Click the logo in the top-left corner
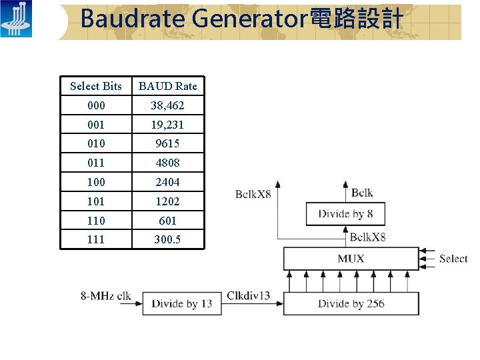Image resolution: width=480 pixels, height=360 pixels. (x=16, y=19)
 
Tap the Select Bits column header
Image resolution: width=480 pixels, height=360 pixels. (x=96, y=86)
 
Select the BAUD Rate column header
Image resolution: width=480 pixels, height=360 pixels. (x=167, y=86)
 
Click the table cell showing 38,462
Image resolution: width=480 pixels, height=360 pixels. (x=167, y=105)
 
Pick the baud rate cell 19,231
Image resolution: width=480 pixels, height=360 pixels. (x=167, y=125)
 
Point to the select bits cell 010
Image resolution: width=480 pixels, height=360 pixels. (x=96, y=143)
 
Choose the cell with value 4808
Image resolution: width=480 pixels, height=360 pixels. (x=167, y=163)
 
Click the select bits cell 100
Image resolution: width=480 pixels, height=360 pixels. (x=96, y=182)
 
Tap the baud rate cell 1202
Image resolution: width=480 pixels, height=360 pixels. (x=167, y=201)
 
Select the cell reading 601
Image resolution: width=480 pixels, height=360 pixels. (x=167, y=220)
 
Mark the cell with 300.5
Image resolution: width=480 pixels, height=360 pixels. (x=167, y=239)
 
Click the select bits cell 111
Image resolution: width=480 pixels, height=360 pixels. (x=96, y=239)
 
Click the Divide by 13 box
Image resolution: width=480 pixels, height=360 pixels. (x=182, y=304)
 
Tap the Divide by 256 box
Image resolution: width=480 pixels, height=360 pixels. (x=351, y=304)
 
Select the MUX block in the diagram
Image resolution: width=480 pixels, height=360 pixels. (x=351, y=259)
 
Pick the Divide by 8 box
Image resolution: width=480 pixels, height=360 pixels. (x=345, y=214)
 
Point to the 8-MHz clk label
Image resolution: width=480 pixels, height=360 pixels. (x=106, y=295)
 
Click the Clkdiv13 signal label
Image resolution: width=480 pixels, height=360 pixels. (x=249, y=295)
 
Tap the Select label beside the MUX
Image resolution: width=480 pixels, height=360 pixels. (x=453, y=259)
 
